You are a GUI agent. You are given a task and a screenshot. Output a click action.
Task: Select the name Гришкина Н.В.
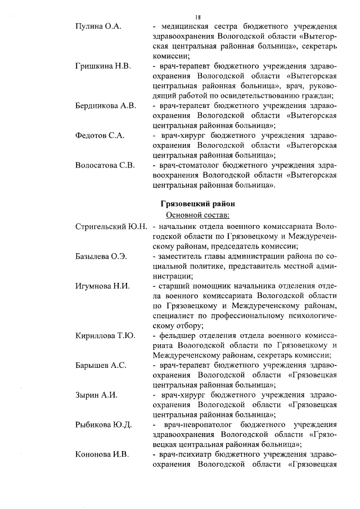click(x=103, y=66)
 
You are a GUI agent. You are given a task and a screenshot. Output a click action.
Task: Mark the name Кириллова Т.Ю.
click(x=105, y=336)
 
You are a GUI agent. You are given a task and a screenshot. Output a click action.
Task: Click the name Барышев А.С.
click(x=101, y=366)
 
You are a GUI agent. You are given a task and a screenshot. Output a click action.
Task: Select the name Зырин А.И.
click(x=96, y=395)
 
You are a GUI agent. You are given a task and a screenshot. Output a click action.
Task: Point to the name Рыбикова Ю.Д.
click(x=103, y=425)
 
